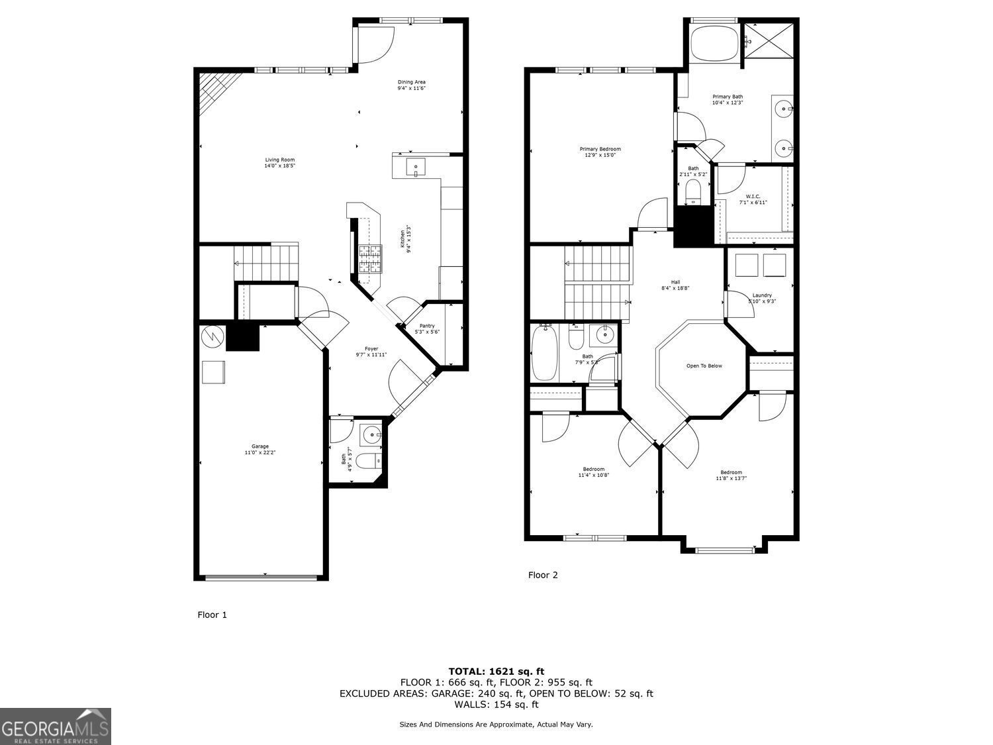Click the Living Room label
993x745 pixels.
pyautogui.click(x=279, y=160)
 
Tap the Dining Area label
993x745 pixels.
pyautogui.click(x=411, y=82)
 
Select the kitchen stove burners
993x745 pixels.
pyautogui.click(x=370, y=258)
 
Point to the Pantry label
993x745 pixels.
pyautogui.click(x=427, y=326)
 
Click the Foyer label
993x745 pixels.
pyautogui.click(x=371, y=349)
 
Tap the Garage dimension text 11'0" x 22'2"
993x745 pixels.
pyautogui.click(x=260, y=453)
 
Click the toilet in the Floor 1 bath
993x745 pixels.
pyautogui.click(x=366, y=460)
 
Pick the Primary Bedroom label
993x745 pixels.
pyautogui.click(x=600, y=149)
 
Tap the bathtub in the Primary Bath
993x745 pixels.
pyautogui.click(x=714, y=43)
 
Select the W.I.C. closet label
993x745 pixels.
pyautogui.click(x=753, y=196)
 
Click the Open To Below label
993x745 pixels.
pyautogui.click(x=704, y=366)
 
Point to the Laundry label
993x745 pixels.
pyautogui.click(x=762, y=295)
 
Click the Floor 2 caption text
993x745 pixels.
pyautogui.click(x=543, y=575)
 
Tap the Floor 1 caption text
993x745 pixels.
pyautogui.click(x=212, y=615)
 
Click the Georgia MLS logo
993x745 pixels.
pyautogui.click(x=56, y=726)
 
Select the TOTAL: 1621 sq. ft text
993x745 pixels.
pyautogui.click(x=496, y=671)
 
